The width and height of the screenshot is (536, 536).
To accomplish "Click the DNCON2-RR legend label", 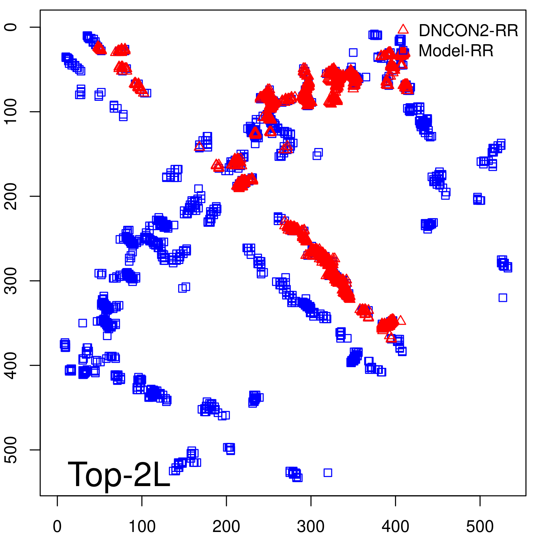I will tap(468, 31).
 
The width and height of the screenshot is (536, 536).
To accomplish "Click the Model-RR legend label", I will tap(456, 51).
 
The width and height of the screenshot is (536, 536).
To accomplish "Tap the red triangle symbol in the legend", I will tap(403, 29).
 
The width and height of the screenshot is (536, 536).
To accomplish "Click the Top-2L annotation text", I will tap(119, 474).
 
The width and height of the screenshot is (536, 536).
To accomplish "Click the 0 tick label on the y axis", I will tap(11, 27).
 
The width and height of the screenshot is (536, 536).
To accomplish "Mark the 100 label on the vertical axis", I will tap(11, 112).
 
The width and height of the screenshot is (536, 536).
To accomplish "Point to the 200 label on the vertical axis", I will tap(11, 196).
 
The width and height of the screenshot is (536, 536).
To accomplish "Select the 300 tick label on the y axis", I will tap(11, 281).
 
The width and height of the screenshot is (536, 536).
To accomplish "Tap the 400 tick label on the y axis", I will tap(11, 365).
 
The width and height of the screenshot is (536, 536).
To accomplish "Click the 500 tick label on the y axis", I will tap(11, 450).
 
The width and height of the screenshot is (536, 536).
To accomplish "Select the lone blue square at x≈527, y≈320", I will tap(503, 297).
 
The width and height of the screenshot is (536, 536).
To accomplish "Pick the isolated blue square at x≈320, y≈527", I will tap(328, 473).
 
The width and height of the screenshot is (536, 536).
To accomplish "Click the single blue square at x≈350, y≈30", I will tap(353, 52).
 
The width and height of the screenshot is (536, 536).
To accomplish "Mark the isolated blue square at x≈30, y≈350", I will tap(83, 323).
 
